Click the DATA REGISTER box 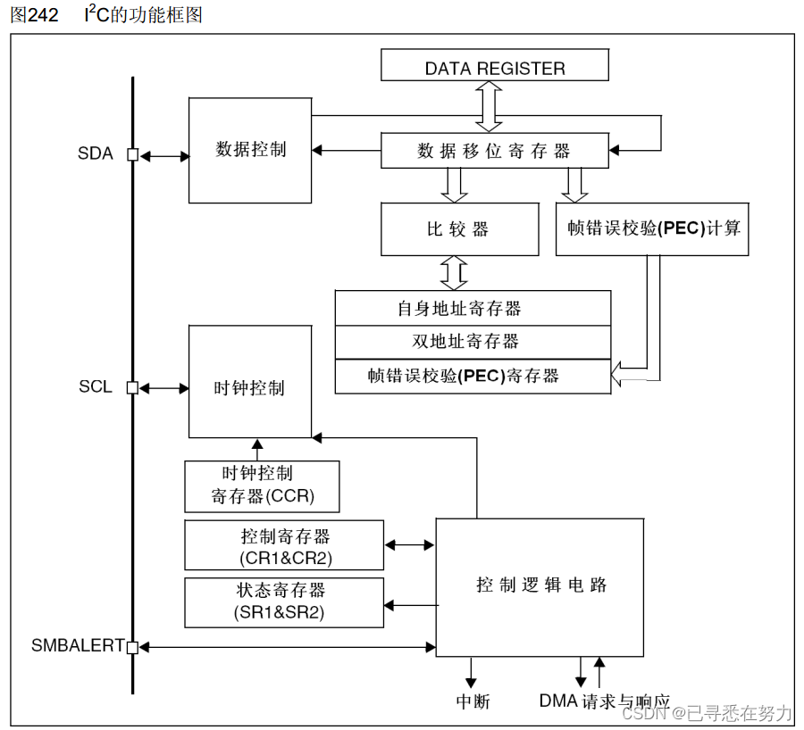(494, 68)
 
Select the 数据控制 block (250, 150)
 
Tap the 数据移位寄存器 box (494, 151)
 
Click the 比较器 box (459, 229)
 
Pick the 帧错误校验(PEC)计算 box (652, 229)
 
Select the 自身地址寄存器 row (473, 308)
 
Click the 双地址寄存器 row (473, 341)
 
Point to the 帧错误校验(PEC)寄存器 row (473, 376)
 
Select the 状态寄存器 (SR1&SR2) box (284, 601)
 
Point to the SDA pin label (96, 153)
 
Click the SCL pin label (96, 387)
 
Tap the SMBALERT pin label (77, 645)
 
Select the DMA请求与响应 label (604, 701)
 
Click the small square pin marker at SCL (132, 388)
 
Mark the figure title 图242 (35, 15)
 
